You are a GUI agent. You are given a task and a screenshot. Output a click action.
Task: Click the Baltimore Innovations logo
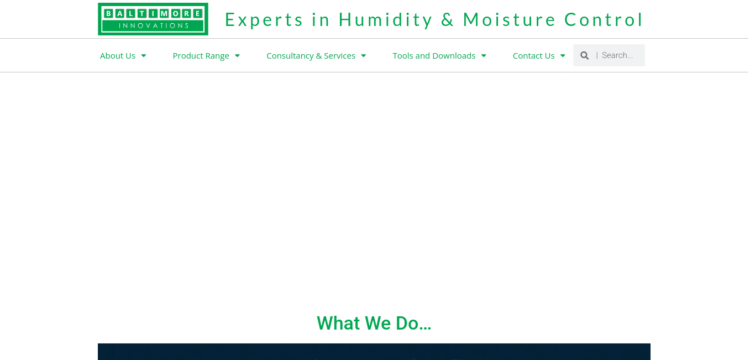153,19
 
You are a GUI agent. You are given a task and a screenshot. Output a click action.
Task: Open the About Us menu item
118,56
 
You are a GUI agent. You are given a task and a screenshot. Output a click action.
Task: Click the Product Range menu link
201,56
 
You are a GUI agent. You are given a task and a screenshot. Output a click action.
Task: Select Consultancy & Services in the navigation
311,56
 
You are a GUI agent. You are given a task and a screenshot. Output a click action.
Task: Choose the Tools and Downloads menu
434,56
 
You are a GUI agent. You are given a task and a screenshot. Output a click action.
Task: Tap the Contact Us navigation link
533,56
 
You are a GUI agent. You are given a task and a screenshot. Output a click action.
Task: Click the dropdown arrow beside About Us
144,56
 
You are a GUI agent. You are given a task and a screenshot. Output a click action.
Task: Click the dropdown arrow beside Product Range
237,56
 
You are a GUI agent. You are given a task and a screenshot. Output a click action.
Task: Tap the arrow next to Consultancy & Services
363,56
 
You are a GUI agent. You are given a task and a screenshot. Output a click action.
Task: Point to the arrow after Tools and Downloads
484,56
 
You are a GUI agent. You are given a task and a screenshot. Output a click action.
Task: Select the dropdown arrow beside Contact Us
563,56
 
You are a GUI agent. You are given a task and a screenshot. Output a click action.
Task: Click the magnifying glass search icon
584,55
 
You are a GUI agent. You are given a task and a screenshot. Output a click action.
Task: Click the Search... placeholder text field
617,55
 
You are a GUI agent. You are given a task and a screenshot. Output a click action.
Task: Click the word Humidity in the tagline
386,19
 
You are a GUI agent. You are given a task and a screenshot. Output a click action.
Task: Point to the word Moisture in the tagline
509,19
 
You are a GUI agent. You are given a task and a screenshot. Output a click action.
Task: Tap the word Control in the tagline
604,19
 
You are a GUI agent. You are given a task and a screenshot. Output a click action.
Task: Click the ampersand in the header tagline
448,19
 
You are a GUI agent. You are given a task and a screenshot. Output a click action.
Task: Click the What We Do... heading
374,323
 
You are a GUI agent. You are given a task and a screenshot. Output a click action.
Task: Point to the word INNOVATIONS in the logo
154,25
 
